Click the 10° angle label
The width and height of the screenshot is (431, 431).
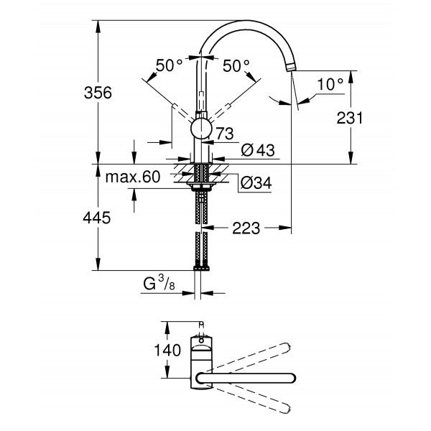point(330,84)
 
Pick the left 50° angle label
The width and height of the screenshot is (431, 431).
point(169,65)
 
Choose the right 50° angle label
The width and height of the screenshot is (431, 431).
point(236,65)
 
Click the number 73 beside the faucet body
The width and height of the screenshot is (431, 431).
point(224,133)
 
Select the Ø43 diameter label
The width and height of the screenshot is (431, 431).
point(255,149)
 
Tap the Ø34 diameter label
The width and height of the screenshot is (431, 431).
point(254,182)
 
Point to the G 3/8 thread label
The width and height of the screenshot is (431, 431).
point(158,284)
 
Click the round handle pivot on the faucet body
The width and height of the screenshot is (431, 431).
point(202,129)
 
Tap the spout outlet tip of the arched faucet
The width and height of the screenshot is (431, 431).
point(291,67)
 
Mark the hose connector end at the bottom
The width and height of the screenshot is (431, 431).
point(202,267)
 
